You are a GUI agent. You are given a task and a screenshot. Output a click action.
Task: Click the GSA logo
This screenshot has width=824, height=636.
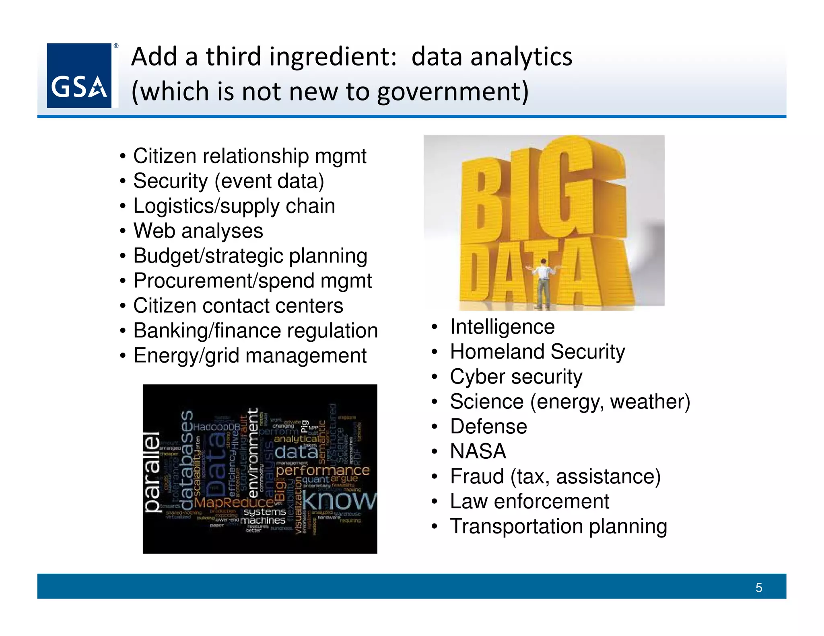coord(79,76)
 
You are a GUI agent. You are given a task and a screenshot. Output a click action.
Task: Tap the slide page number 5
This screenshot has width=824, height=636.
coord(758,588)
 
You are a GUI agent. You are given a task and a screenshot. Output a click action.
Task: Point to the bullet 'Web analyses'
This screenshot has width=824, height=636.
coord(198,231)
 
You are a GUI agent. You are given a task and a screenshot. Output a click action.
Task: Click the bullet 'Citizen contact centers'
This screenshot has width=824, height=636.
coord(238,306)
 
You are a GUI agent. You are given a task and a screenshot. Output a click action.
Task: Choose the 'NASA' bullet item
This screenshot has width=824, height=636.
coord(478,451)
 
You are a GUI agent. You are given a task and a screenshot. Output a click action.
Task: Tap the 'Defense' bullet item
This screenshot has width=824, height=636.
coord(488,426)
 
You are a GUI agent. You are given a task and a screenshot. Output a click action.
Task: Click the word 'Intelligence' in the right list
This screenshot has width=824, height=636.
coord(503,326)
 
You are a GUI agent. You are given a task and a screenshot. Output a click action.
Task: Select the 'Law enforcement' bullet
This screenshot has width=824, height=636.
coord(529,501)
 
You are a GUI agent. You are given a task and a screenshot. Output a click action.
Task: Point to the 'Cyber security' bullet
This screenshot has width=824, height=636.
coord(516,377)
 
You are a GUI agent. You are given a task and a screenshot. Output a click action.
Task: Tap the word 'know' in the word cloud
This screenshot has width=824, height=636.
coord(339,501)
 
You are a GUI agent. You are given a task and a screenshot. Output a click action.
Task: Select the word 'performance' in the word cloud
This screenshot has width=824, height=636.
coord(323,470)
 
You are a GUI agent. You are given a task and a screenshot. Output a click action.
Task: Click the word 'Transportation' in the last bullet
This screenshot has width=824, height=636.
coord(516,526)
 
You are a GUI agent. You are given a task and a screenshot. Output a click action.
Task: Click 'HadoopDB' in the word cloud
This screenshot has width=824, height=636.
coord(216,427)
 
